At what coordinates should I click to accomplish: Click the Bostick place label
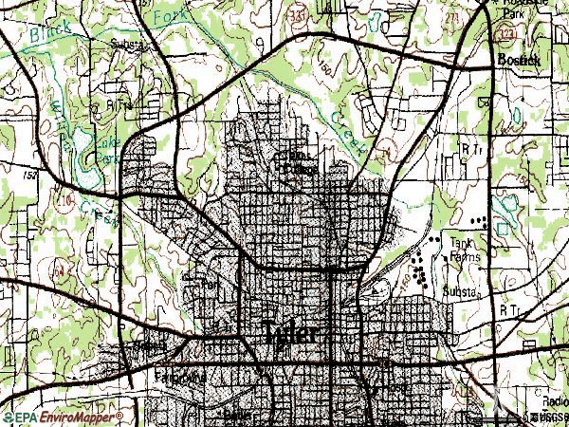point(517,60)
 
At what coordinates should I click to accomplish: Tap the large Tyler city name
point(294,335)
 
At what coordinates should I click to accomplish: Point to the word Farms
point(463,255)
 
